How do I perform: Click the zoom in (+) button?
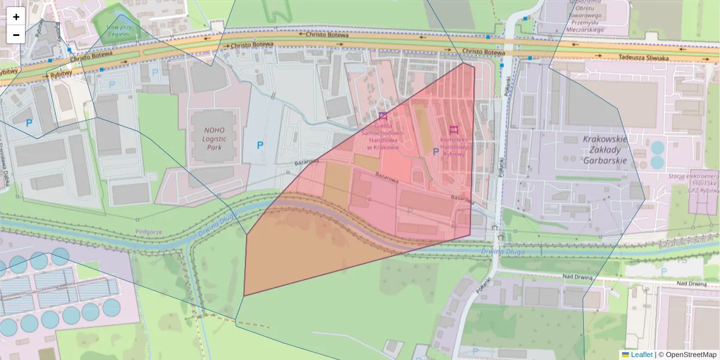(16, 17)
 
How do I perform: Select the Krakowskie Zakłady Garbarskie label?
(605, 149)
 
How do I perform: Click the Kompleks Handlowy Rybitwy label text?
(453, 146)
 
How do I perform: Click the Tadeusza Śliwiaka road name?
(644, 57)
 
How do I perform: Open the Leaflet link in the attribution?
(641, 355)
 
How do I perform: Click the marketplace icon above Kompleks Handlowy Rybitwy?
(454, 129)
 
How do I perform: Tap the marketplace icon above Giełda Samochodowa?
(383, 116)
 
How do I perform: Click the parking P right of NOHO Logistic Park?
(260, 145)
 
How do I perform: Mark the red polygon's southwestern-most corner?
(244, 296)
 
